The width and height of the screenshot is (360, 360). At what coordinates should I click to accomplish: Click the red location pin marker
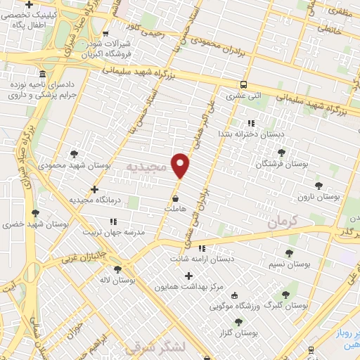click(x=181, y=165)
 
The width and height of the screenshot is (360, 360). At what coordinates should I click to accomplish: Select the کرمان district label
click(x=284, y=221)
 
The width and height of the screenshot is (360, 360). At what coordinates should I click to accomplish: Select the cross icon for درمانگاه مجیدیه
click(x=95, y=189)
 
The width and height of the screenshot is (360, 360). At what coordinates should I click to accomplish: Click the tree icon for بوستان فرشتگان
click(x=282, y=153)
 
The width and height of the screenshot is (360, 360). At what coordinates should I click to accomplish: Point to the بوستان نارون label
click(x=319, y=197)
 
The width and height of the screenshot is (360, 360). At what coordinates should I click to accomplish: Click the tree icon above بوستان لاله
click(x=117, y=269)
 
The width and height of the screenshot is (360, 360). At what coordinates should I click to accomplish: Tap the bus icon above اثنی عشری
click(x=243, y=82)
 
